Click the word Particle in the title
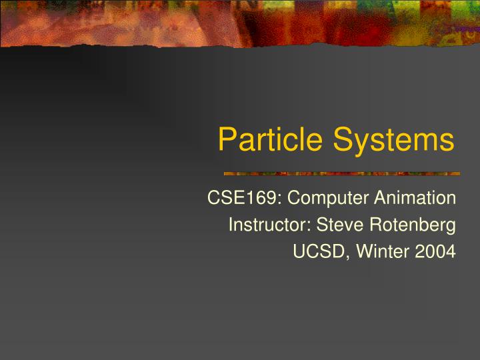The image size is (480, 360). coord(270,140)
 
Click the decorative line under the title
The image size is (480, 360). coord(341,173)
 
